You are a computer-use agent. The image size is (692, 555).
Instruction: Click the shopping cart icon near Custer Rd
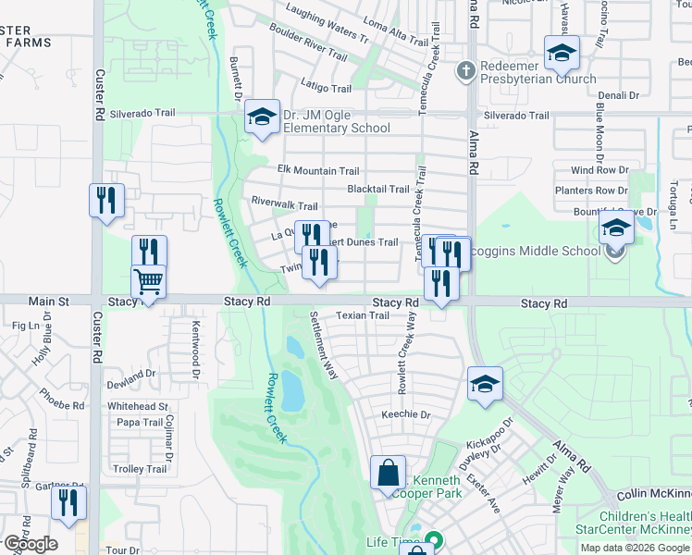(x=149, y=281)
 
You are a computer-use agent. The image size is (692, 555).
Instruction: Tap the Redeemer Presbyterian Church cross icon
(x=467, y=70)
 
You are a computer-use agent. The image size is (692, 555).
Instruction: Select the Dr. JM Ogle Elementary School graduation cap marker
(x=262, y=117)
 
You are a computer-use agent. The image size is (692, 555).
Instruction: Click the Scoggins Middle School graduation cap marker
(x=616, y=228)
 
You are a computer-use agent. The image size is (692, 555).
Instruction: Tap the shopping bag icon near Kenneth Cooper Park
(x=388, y=473)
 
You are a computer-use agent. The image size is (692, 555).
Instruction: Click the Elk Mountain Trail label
(x=318, y=170)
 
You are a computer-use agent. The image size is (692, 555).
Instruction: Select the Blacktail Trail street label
(x=377, y=189)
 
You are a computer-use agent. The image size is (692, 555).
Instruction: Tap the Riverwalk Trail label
(x=285, y=205)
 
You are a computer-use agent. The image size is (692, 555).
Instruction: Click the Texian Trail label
(x=362, y=315)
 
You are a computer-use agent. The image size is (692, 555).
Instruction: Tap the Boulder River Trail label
(x=308, y=42)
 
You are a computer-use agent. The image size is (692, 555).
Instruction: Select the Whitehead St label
(x=138, y=406)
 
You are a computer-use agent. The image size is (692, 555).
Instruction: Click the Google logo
(x=30, y=543)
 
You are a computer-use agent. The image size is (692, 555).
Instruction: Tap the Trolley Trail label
(x=139, y=469)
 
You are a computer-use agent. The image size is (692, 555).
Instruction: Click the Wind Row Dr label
(x=599, y=170)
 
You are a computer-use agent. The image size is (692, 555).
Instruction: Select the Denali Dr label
(x=618, y=95)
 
